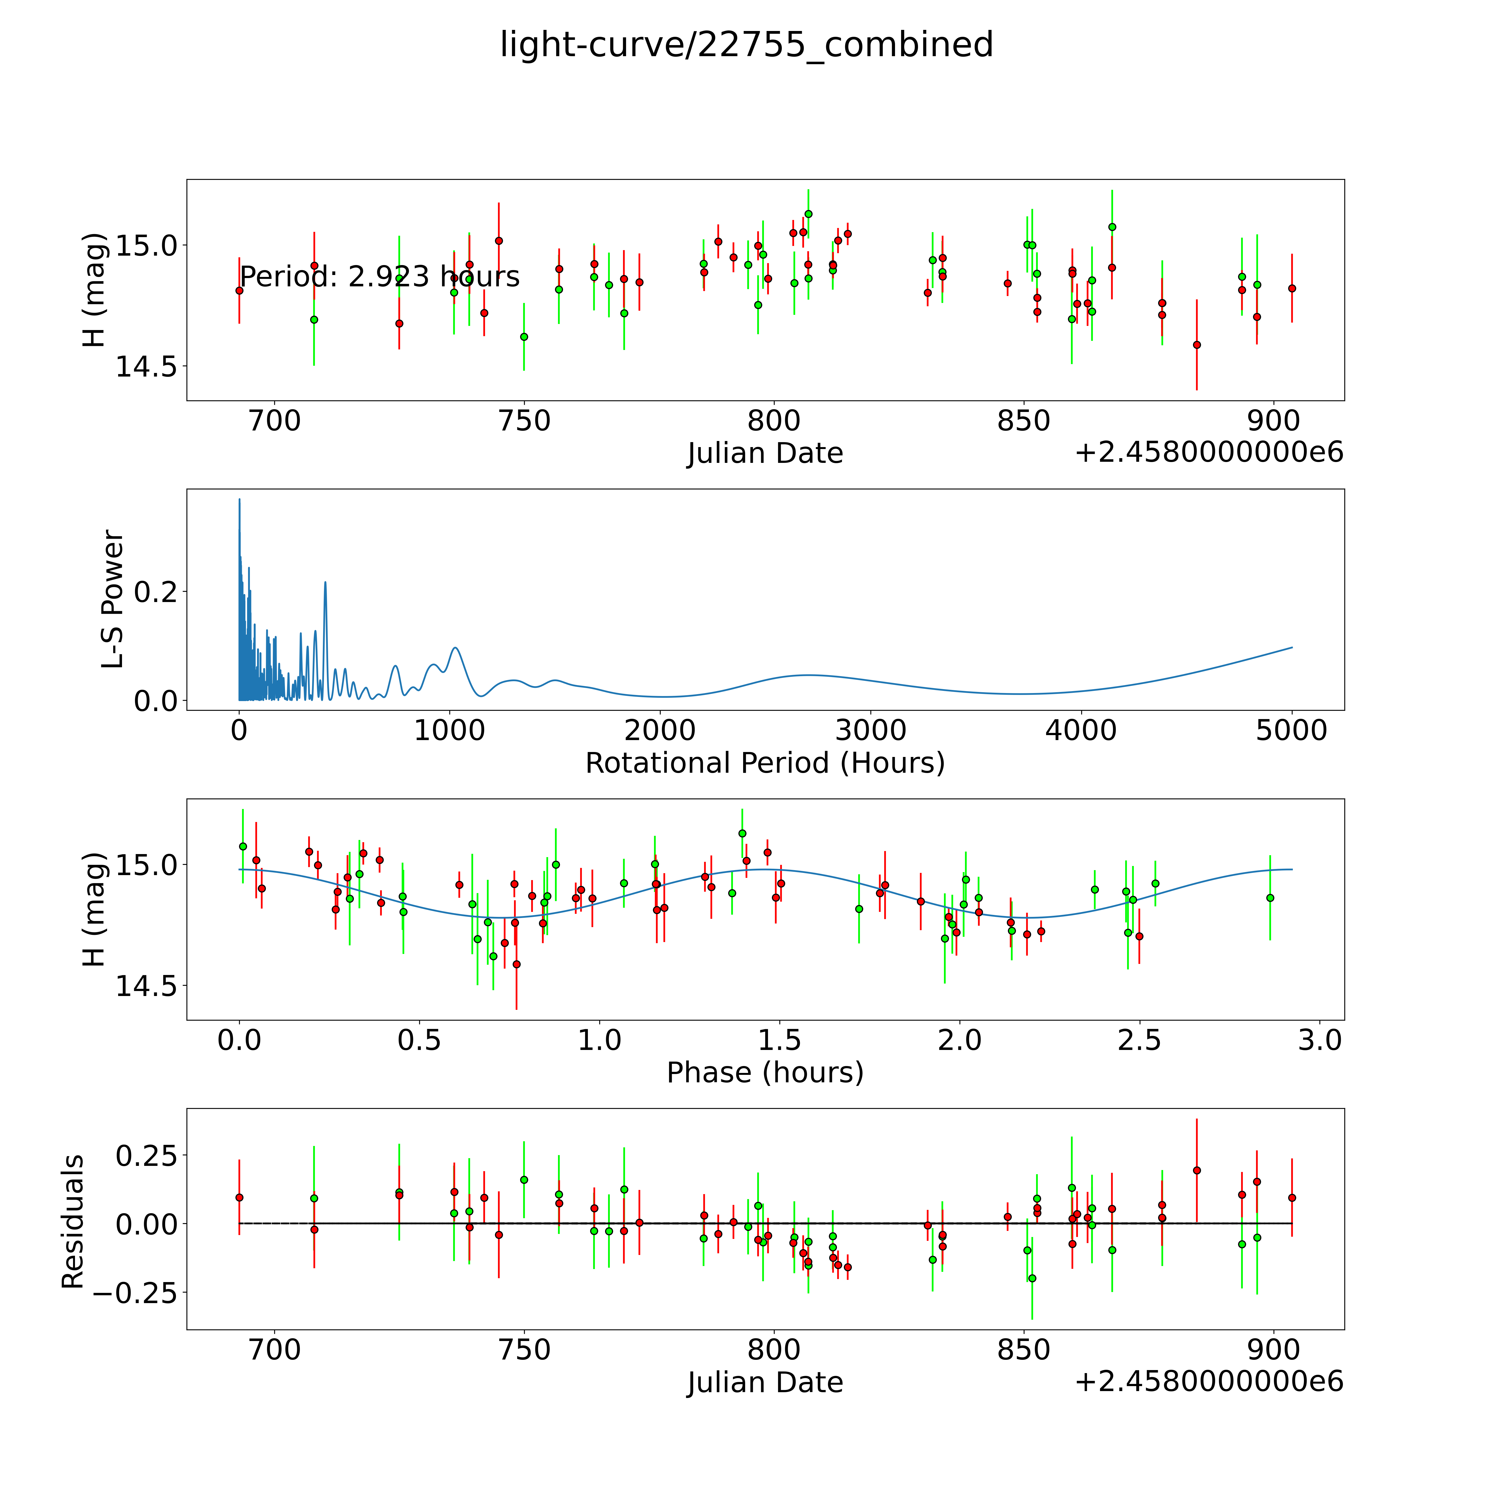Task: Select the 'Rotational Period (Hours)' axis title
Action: point(765,763)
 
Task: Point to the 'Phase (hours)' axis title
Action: point(765,1073)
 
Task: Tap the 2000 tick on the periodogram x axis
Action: point(660,731)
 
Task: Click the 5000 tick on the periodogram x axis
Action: point(1291,731)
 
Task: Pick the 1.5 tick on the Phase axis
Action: point(779,1040)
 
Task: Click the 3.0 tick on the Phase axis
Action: point(1319,1040)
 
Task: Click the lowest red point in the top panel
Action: point(1196,345)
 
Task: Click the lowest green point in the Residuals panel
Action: point(1032,1278)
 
